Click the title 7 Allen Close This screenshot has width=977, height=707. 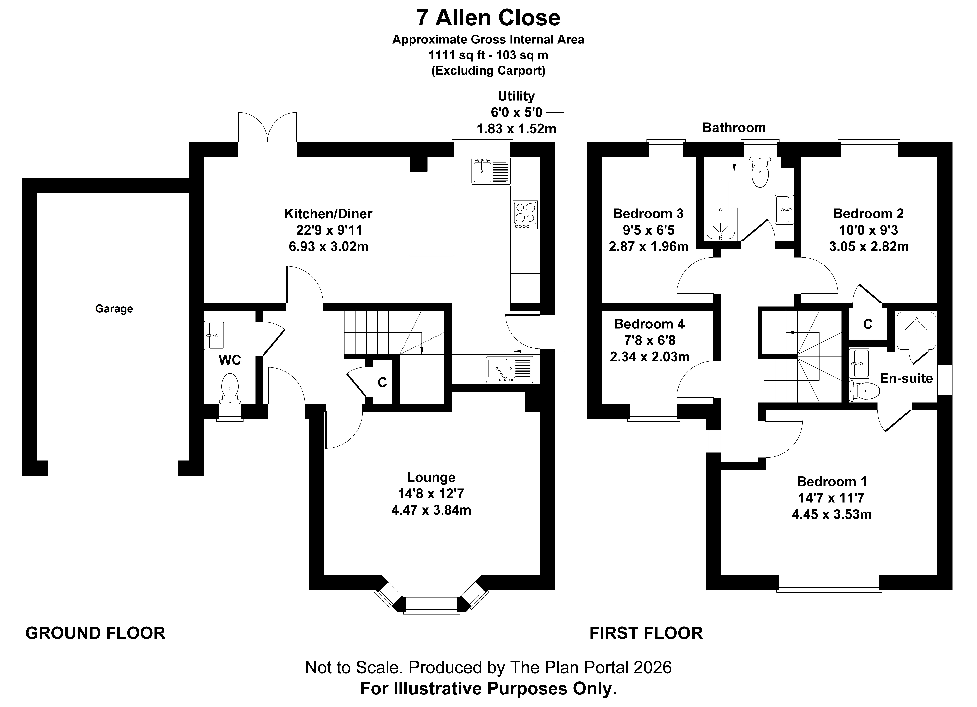(x=488, y=18)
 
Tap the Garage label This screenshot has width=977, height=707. (x=114, y=309)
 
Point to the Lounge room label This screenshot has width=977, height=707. (x=431, y=477)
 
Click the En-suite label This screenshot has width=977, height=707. (x=906, y=379)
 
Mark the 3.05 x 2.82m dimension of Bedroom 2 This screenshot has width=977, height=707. (x=869, y=247)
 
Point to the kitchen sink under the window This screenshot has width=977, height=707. (x=491, y=171)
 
